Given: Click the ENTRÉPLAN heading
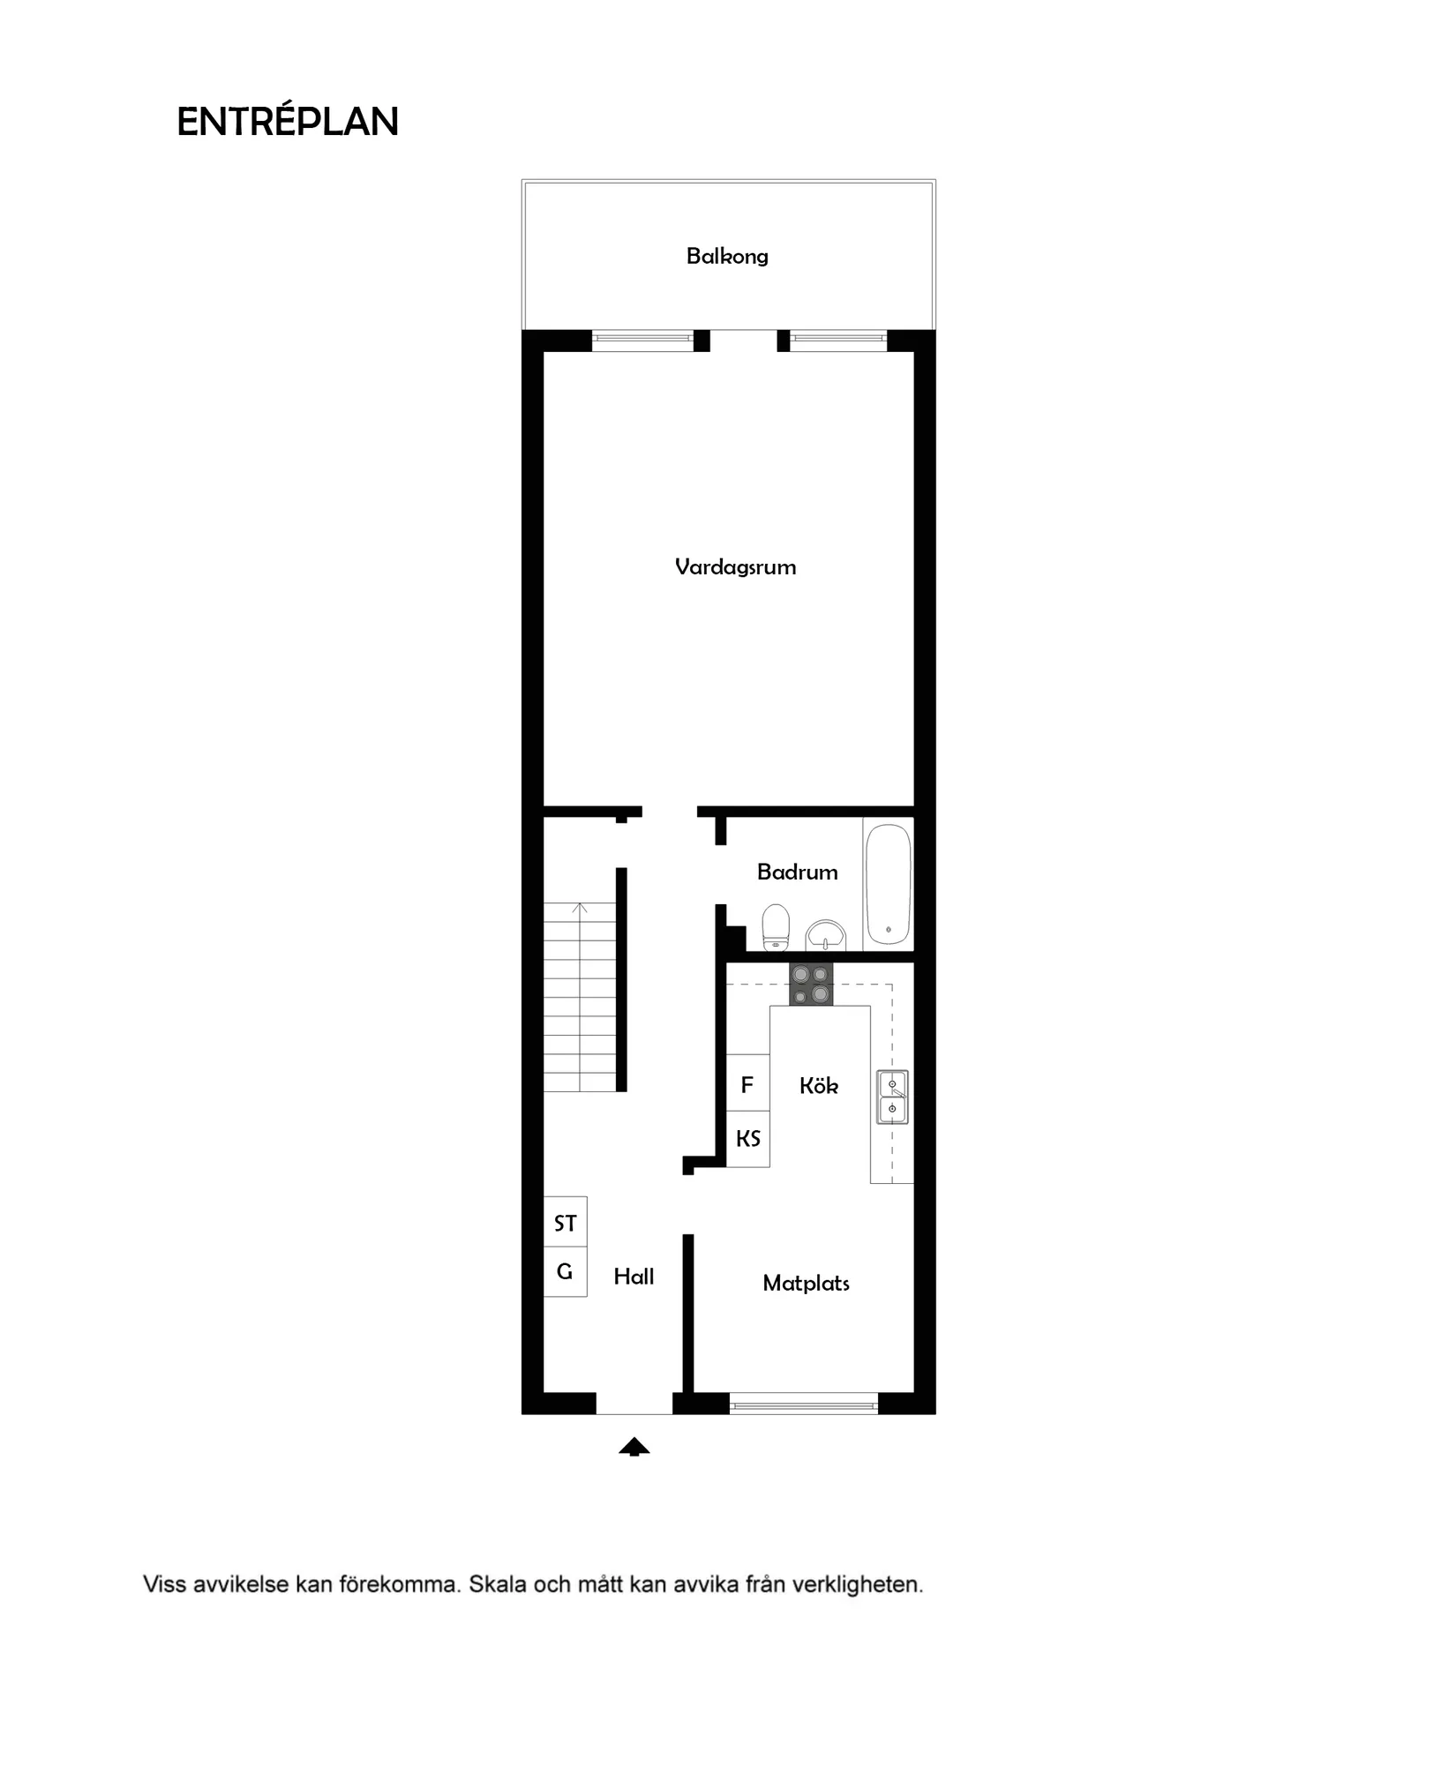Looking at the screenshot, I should (288, 122).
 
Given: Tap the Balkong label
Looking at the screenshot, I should (727, 256).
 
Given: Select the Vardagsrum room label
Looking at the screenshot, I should (735, 566).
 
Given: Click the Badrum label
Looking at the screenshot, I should (797, 872).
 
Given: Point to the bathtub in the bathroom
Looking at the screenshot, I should (888, 884).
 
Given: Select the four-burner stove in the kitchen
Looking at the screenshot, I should (811, 984).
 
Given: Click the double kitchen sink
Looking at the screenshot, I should (892, 1097).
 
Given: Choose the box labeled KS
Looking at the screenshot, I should (747, 1138).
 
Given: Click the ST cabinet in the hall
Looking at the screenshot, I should (565, 1223).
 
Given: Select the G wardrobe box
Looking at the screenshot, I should (565, 1271).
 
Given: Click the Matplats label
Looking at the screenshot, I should (806, 1283).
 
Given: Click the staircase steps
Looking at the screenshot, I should (579, 997).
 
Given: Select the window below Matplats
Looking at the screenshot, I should (803, 1403).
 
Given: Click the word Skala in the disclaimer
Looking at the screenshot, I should (498, 1584).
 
